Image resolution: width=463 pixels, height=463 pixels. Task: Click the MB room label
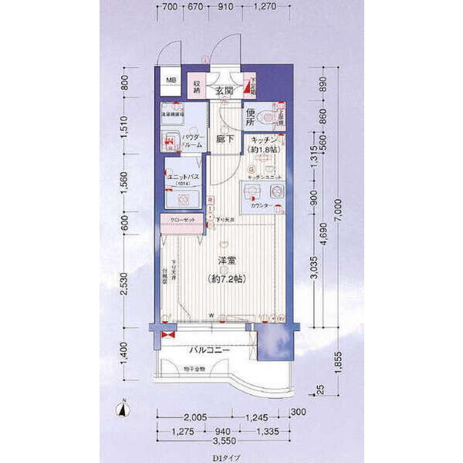click(x=170, y=79)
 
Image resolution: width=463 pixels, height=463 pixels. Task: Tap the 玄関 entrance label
click(x=225, y=92)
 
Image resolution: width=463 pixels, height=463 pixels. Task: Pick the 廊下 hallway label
click(x=224, y=141)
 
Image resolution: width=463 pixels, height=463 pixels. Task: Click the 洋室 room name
click(x=225, y=260)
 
